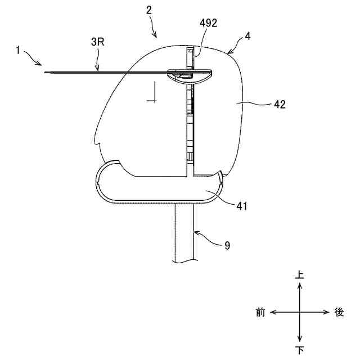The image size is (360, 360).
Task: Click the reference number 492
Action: (208, 23)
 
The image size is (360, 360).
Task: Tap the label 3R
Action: (97, 42)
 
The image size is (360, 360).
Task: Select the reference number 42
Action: (280, 105)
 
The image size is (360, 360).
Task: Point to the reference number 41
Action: (242, 206)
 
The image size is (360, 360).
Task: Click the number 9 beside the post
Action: (227, 246)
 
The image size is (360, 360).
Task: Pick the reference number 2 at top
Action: (149, 10)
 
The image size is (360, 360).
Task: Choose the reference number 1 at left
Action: (18, 50)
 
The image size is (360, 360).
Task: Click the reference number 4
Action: (247, 36)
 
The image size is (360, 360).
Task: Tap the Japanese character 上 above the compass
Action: (299, 274)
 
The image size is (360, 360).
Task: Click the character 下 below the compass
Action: (299, 350)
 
